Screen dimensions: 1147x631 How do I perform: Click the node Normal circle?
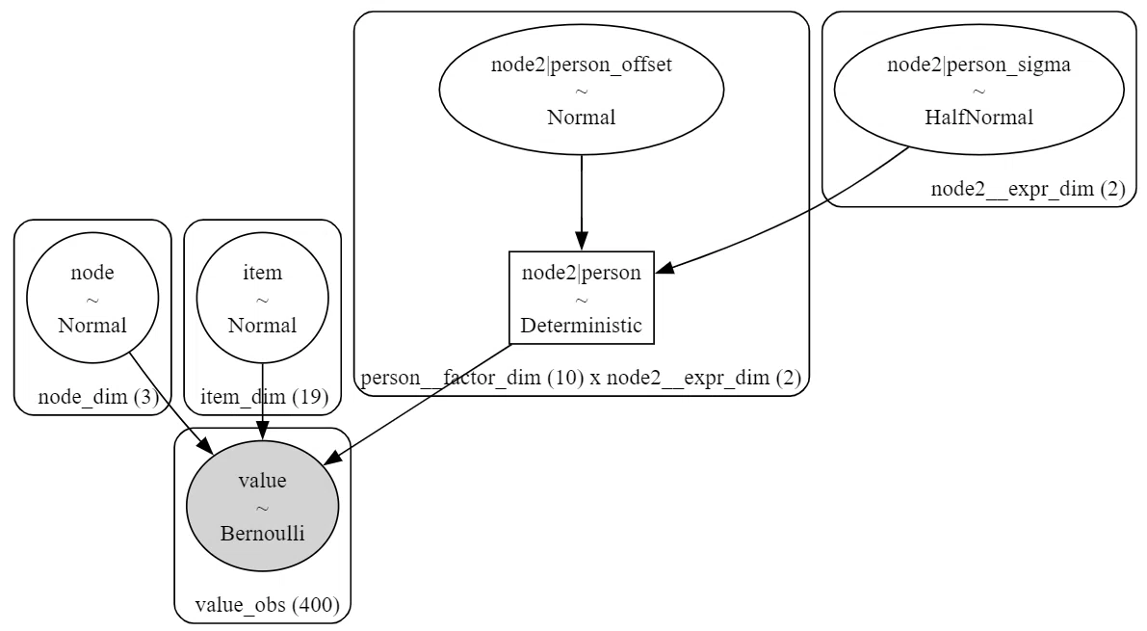click(x=92, y=298)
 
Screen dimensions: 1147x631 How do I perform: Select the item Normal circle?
click(x=262, y=298)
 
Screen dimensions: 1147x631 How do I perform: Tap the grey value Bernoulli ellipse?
click(x=262, y=507)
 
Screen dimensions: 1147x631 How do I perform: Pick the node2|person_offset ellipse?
click(x=582, y=90)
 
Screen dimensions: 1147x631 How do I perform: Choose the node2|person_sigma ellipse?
click(x=978, y=90)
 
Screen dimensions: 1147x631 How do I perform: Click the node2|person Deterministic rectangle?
click(x=582, y=298)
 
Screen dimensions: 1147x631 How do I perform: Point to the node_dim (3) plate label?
click(x=98, y=397)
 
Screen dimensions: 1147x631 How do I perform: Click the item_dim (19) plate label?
click(x=265, y=397)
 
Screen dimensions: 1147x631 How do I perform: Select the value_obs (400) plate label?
click(x=268, y=605)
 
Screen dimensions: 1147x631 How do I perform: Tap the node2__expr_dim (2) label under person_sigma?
click(x=1028, y=189)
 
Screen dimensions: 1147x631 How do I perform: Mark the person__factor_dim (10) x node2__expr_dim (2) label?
click(x=582, y=378)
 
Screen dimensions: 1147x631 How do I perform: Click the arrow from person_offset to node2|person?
click(x=582, y=203)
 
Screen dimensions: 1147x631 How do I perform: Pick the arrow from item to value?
click(x=262, y=403)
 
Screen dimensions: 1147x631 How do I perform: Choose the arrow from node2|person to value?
click(x=417, y=404)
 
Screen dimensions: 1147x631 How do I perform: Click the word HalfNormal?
click(x=978, y=118)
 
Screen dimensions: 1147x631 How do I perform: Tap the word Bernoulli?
click(x=262, y=533)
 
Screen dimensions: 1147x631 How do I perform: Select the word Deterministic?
click(x=582, y=325)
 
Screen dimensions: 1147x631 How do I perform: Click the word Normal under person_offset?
click(x=582, y=118)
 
